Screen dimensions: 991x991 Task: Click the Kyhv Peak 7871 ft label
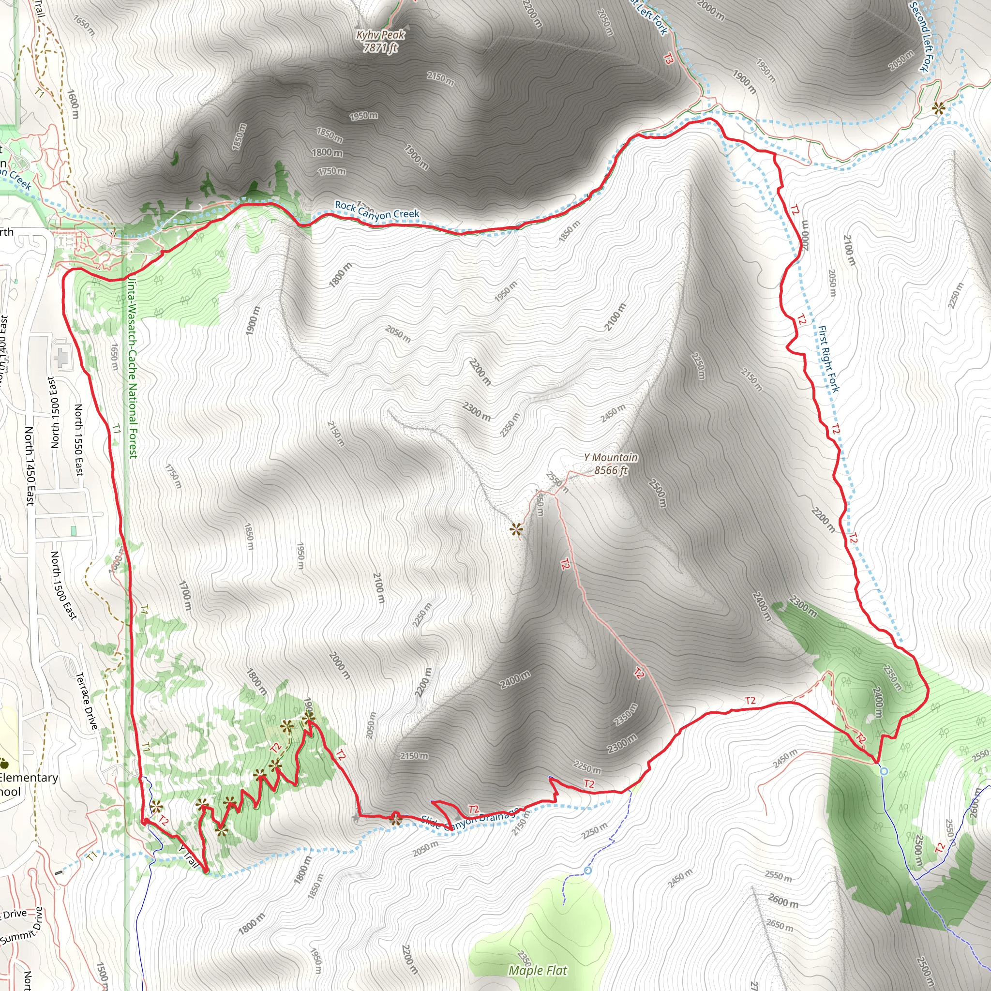(380, 42)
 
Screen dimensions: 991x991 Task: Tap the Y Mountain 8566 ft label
(610, 464)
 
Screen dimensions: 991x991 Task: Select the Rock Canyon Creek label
(377, 210)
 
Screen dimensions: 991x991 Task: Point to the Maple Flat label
(538, 971)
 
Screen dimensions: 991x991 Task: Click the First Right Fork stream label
(828, 359)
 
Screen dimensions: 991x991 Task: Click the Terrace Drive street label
(86, 701)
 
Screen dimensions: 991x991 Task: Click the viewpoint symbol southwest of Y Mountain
(516, 529)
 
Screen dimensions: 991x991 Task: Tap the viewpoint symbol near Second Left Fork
(938, 108)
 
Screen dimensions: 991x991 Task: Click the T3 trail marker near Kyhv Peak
(668, 60)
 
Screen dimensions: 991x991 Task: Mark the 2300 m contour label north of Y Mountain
(477, 411)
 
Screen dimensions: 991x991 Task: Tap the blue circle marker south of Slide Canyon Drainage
(588, 871)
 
